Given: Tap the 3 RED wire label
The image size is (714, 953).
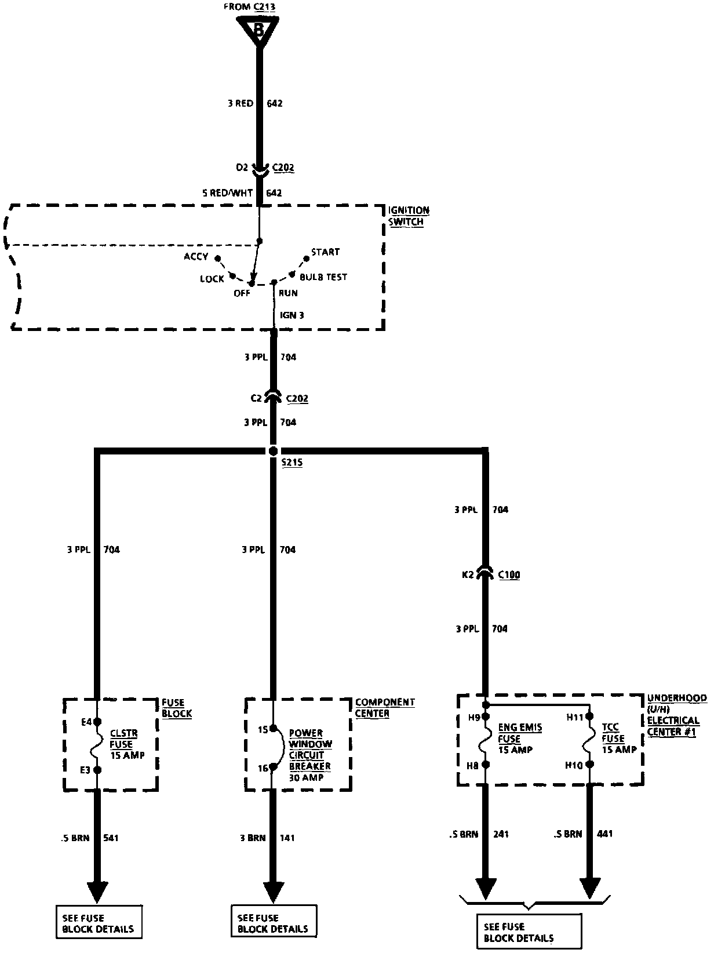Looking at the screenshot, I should point(240,104).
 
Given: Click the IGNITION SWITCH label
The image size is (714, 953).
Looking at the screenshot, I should point(408,216).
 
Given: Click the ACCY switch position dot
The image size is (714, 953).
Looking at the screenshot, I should point(218,258).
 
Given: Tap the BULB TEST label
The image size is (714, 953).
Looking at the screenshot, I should point(323,277).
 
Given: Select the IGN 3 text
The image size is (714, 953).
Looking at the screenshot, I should point(292,315).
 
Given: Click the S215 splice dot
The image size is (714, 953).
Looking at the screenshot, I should point(274,451).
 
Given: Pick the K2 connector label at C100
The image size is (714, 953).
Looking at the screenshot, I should point(468,575).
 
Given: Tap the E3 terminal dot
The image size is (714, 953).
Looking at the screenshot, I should point(97,770).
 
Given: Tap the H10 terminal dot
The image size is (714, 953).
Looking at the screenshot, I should point(590,765).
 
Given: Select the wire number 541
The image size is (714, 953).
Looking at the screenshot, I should point(111,838).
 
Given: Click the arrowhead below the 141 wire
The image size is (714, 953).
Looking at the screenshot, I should point(274,892).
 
